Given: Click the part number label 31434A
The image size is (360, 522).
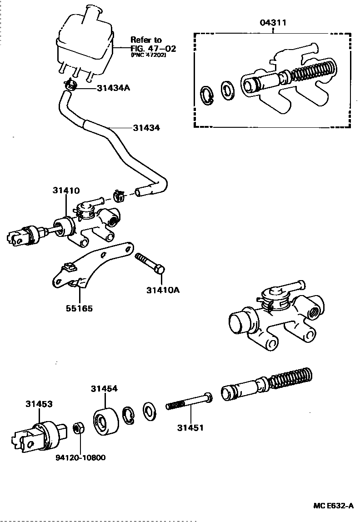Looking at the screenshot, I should [113, 88].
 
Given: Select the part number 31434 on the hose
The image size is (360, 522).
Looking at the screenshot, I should [146, 128].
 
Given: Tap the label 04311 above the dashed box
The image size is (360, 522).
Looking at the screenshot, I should [273, 22].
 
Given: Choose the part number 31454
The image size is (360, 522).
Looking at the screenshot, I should [104, 389].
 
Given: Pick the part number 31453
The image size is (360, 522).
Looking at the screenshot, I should [39, 403].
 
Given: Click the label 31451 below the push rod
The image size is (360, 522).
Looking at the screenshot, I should [190, 427].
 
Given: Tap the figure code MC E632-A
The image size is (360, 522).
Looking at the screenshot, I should [333, 506].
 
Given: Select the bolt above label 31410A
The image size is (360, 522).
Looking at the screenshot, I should [150, 264].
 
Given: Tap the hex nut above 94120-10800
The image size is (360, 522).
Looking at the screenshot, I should [78, 427].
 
